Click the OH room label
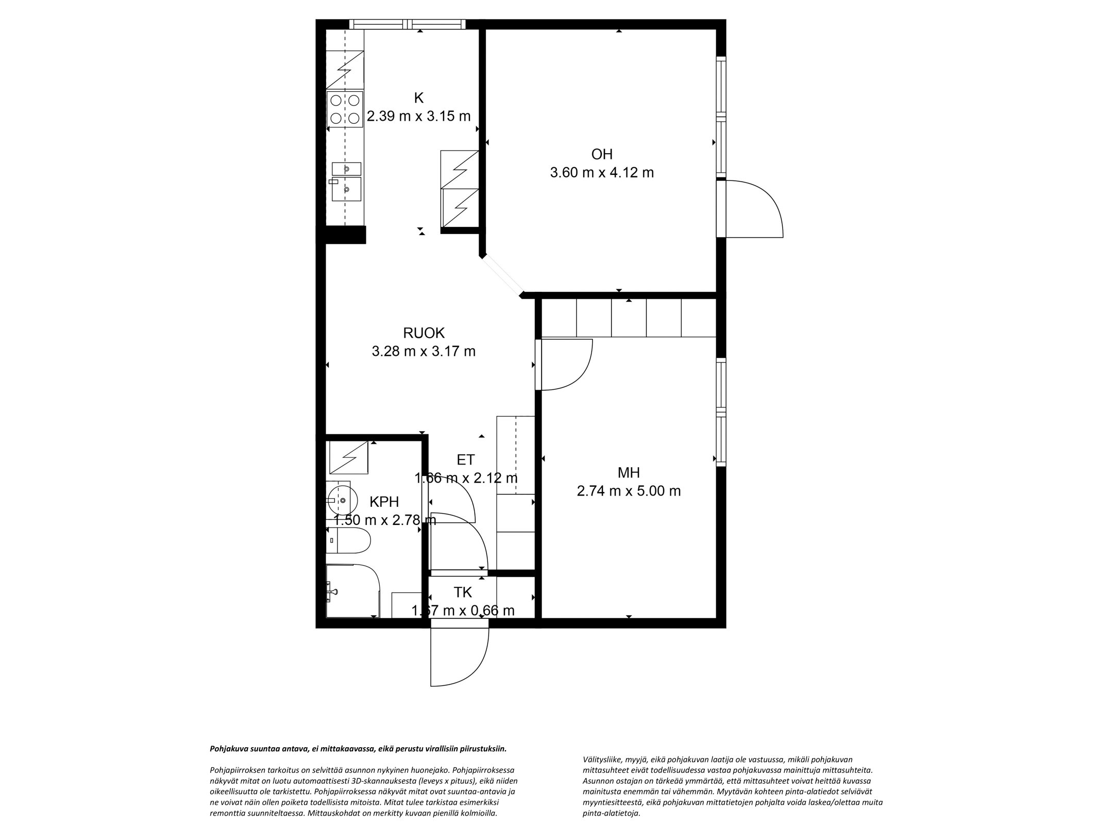pos(601,154)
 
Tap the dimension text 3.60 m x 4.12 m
pos(601,172)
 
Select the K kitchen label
pos(418,98)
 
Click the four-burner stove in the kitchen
pos(345,109)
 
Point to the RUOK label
pos(424,333)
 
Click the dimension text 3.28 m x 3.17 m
pos(424,352)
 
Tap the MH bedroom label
pos(629,472)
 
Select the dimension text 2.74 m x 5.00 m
pos(629,491)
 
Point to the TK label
pos(463,592)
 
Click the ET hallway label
pos(465,459)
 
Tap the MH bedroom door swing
pos(564,365)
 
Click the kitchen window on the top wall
pos(407,24)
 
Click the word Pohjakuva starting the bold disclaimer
pos(226,749)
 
